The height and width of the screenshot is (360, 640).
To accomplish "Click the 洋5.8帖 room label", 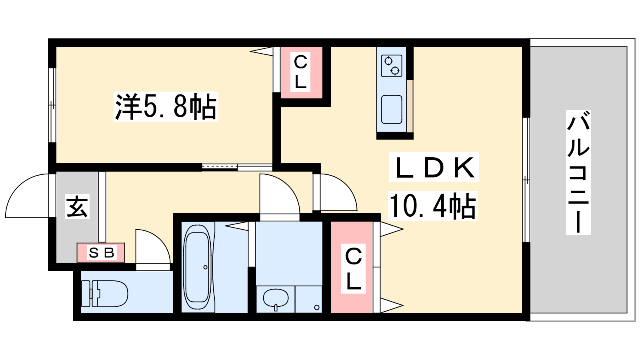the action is (166, 106).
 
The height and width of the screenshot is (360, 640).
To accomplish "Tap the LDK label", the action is (434, 167).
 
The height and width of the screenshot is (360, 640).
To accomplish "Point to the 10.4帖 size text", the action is (432, 206).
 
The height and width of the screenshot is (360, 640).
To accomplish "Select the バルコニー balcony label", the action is (578, 172).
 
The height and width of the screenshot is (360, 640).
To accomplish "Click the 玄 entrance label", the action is (77, 206).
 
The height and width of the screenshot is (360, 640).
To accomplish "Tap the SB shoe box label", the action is (102, 252).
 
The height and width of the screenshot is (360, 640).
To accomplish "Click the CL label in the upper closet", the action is (300, 72).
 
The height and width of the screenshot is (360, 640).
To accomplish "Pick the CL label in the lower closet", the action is (353, 268).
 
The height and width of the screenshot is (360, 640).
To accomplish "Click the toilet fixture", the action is (104, 294).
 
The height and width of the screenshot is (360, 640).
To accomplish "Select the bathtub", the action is (198, 267).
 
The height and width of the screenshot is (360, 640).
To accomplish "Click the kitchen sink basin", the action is (392, 110).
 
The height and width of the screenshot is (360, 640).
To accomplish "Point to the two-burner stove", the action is (392, 66).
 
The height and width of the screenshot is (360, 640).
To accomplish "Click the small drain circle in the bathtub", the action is (206, 268).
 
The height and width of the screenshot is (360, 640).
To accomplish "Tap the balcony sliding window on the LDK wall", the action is (526, 180).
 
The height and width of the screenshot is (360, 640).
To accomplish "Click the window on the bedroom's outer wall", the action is (52, 105).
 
